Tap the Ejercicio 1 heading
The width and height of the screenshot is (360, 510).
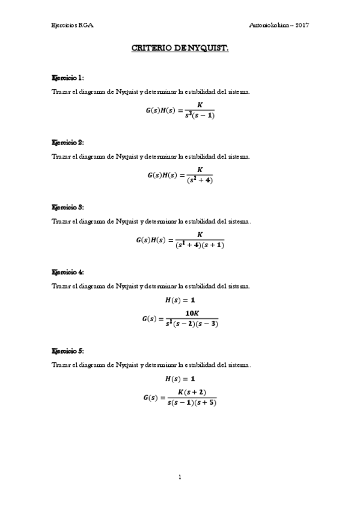point(68,78)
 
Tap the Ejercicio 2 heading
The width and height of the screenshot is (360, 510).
point(68,143)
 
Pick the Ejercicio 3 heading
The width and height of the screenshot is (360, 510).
point(68,207)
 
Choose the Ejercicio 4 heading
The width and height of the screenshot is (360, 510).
point(68,272)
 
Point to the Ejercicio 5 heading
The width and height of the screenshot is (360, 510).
point(68,350)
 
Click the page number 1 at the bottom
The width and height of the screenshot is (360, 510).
point(180,478)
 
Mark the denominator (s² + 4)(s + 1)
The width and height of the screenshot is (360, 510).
point(200,245)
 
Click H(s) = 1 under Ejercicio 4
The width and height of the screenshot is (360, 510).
point(180,300)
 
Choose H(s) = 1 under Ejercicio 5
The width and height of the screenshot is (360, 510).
point(180,379)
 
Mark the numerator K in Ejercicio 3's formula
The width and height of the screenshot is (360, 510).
point(200,234)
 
